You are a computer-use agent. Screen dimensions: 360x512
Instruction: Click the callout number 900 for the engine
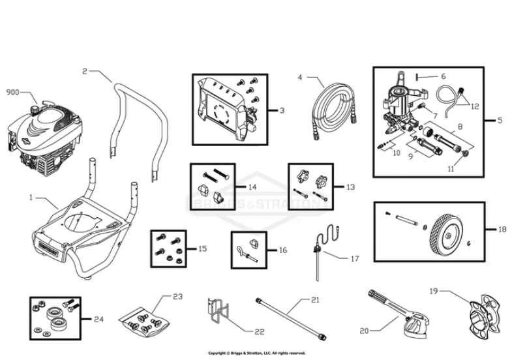click(x=12, y=93)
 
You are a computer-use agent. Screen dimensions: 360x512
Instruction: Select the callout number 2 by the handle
click(x=85, y=71)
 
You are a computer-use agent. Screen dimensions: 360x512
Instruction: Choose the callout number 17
click(x=355, y=259)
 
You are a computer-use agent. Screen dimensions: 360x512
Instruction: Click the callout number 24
click(x=98, y=319)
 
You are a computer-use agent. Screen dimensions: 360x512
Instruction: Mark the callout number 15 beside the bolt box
click(x=202, y=248)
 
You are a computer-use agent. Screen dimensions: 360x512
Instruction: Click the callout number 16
click(x=282, y=250)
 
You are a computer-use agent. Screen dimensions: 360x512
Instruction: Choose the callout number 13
click(x=350, y=187)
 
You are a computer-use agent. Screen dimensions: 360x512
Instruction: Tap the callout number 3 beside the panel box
click(x=282, y=111)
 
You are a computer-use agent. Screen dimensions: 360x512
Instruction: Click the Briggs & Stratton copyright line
click(x=256, y=353)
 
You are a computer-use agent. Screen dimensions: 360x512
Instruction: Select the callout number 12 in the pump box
click(x=474, y=106)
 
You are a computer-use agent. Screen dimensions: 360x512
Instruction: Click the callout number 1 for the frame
click(x=30, y=196)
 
